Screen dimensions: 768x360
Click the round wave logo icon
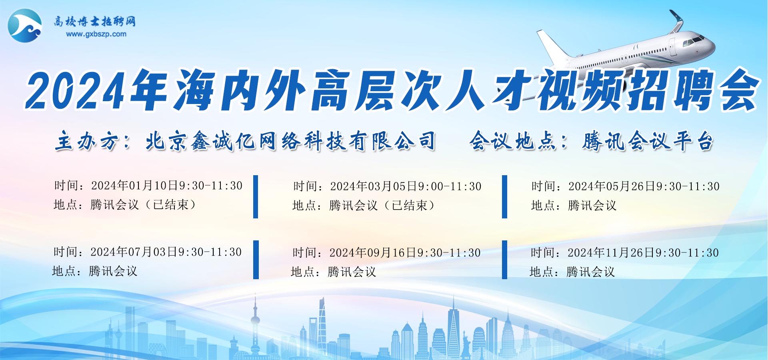point(25,25)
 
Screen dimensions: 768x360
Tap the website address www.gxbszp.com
point(96,34)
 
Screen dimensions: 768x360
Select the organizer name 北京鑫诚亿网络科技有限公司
point(290,141)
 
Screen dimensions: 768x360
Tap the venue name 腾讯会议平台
point(647,141)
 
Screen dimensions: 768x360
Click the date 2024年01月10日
point(135,186)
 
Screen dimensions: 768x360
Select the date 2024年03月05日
point(374,186)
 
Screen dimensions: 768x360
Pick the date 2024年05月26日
point(612,186)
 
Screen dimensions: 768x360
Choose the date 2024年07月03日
point(134,252)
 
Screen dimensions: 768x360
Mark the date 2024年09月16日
point(373,253)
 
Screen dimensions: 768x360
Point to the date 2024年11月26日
point(611,253)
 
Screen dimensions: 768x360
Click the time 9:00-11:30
point(450,186)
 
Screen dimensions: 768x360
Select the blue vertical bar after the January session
point(256,197)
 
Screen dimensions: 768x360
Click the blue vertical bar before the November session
point(505,260)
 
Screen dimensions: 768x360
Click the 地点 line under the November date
point(572,272)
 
